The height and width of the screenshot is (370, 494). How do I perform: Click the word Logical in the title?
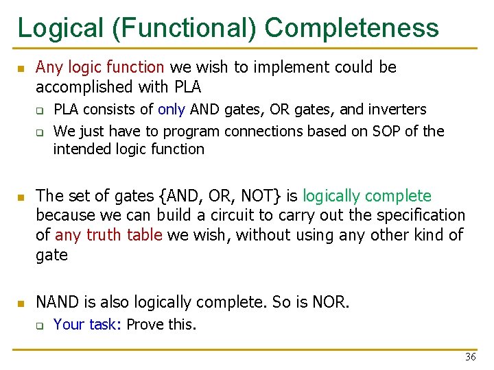59,28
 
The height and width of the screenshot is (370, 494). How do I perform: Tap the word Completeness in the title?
351,28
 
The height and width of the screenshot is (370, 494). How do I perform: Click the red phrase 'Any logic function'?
99,67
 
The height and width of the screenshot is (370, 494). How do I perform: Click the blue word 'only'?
172,110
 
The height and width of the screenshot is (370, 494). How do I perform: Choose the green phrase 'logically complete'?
367,196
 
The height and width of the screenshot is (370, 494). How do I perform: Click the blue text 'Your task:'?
87,324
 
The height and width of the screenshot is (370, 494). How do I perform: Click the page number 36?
470,357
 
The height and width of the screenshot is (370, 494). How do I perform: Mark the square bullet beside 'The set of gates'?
21,197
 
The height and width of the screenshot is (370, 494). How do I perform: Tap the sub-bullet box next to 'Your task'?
40,325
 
